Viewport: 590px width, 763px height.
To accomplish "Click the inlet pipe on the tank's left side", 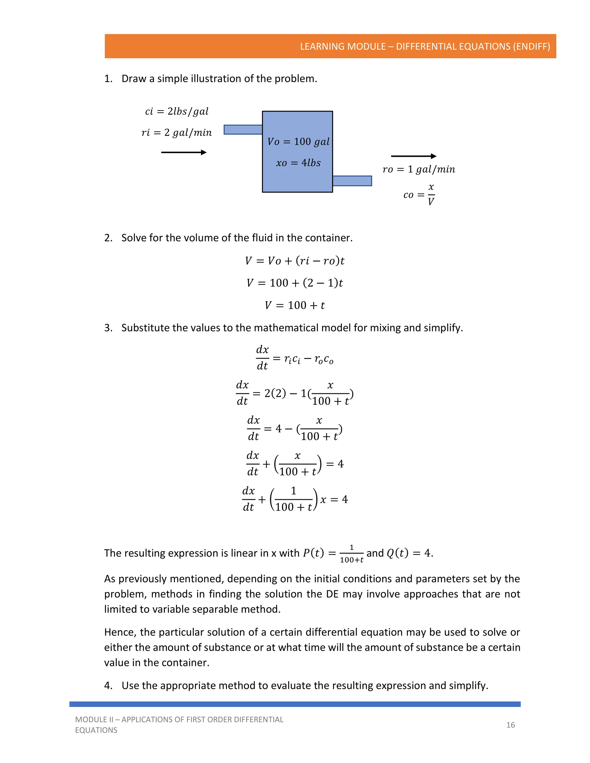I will point(243,130).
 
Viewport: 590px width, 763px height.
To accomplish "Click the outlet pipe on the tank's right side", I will point(352,181).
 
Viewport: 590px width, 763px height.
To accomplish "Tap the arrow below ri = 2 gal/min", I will point(184,152).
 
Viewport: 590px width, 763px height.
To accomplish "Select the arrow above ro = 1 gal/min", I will point(413,156).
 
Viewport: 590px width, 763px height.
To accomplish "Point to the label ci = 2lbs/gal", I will point(177,111).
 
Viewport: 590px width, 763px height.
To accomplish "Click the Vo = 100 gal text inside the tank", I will point(298,141).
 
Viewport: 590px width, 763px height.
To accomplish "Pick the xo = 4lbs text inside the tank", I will point(298,163).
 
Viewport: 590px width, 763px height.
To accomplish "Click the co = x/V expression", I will point(419,195).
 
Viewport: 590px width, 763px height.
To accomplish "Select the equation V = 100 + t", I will point(295,305).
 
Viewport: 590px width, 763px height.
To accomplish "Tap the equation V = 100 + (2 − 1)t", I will point(295,283).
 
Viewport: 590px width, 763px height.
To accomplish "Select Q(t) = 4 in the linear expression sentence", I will point(409,553).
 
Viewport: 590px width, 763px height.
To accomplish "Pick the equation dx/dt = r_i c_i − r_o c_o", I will point(295,358).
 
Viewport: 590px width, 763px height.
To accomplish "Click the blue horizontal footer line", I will point(295,704).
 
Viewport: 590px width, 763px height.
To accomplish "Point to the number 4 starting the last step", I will point(108,686).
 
